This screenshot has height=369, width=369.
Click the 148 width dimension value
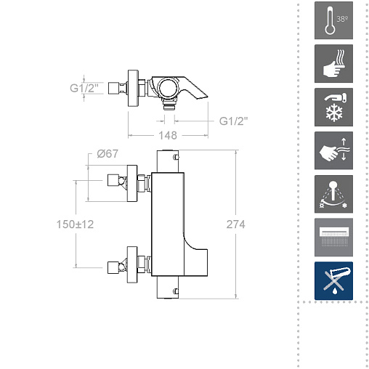click(x=168, y=135)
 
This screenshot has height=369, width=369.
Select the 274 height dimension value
click(x=235, y=224)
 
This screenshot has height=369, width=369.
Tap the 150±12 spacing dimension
click(x=75, y=224)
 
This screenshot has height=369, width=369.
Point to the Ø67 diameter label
click(x=108, y=154)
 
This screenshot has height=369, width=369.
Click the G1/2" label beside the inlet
click(x=84, y=88)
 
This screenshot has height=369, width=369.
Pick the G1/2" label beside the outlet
click(x=234, y=121)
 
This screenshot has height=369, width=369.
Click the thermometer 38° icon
click(x=333, y=20)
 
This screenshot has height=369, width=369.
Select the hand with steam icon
click(x=333, y=64)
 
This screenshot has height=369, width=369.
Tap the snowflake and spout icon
click(x=333, y=107)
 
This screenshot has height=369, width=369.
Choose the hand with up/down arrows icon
click(x=333, y=150)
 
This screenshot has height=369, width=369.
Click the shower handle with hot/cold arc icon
click(x=333, y=194)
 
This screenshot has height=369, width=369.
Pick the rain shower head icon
click(x=333, y=238)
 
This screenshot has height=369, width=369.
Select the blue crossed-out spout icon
click(x=333, y=281)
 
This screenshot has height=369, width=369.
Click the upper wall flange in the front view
click(x=132, y=183)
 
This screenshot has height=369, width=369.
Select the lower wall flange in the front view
click(x=132, y=264)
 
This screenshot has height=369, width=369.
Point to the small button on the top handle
click(x=177, y=157)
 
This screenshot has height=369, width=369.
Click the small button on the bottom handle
click(x=177, y=291)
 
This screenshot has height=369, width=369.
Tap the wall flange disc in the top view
click(x=133, y=88)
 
